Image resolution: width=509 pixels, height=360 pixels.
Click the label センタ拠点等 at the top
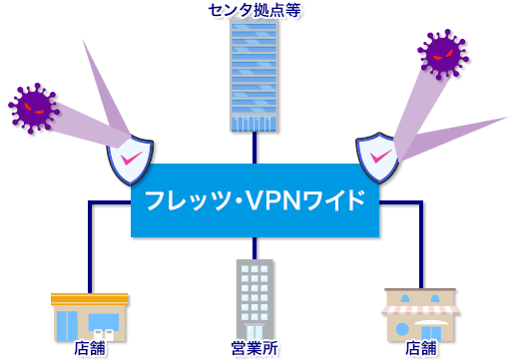pyautogui.click(x=254, y=10)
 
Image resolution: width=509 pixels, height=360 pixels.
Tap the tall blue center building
pyautogui.click(x=254, y=76)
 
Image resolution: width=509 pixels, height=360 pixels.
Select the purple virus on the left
pyautogui.click(x=34, y=107)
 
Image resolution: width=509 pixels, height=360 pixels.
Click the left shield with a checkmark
pyautogui.click(x=130, y=161)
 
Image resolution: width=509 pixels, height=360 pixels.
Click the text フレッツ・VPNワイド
pyautogui.click(x=254, y=199)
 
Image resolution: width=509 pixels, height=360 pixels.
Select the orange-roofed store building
pyautogui.click(x=89, y=317)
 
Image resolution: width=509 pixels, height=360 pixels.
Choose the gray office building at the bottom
pyautogui.click(x=254, y=299)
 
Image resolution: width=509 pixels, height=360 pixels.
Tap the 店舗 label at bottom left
pyautogui.click(x=88, y=349)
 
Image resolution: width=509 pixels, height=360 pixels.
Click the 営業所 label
pyautogui.click(x=254, y=349)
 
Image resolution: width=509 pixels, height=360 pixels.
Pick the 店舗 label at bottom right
pyautogui.click(x=420, y=349)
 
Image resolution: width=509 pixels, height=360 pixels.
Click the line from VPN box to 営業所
pyautogui.click(x=254, y=247)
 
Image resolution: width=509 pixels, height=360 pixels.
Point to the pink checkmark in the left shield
pyautogui.click(x=130, y=158)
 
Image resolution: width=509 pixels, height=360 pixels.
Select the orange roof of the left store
pyautogui.click(x=89, y=298)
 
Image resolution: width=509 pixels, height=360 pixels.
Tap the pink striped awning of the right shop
pyautogui.click(x=419, y=308)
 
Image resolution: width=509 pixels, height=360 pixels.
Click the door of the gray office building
pyautogui.click(x=254, y=331)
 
